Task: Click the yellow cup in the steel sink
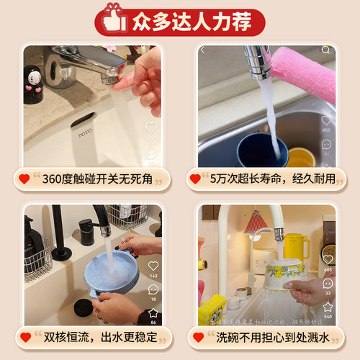[x=300, y=157]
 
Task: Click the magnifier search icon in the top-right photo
[x=326, y=50]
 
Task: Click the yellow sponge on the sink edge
[x=212, y=310]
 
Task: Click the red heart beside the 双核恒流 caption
[x=25, y=336]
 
